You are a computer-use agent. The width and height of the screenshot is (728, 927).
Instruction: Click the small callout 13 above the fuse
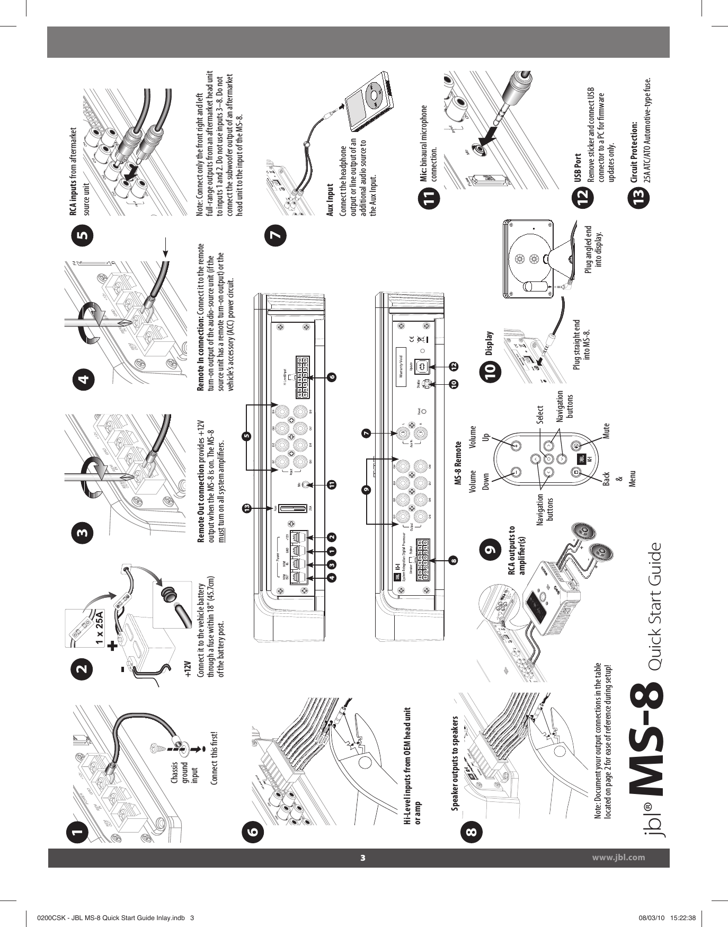246,509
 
